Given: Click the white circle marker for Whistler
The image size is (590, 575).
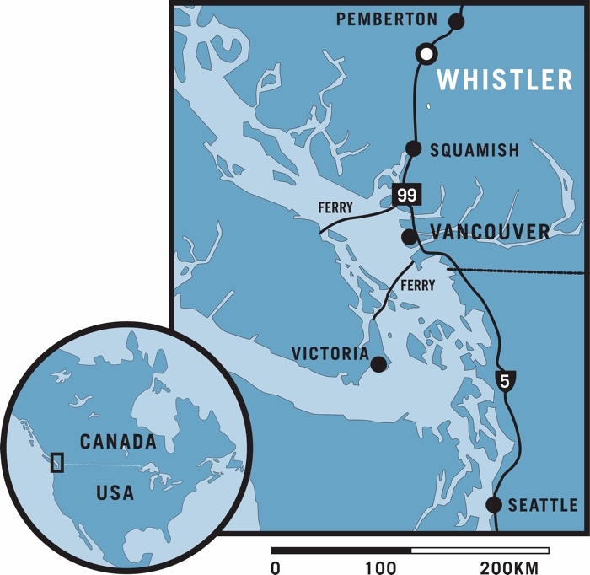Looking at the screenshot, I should [427, 54].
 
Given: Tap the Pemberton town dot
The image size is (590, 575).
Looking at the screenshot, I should [457, 22].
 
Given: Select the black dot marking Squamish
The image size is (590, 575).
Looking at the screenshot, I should [414, 148].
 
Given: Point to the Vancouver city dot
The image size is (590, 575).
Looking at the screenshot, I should [409, 237].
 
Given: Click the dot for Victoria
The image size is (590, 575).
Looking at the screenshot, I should [378, 364].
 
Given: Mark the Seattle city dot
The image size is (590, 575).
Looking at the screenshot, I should [494, 505].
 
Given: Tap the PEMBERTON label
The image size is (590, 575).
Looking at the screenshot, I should [387, 19].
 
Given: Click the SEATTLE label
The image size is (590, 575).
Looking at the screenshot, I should [543, 506].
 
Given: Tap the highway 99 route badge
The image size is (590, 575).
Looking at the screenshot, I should [406, 195].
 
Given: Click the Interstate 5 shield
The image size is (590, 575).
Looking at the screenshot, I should [504, 381].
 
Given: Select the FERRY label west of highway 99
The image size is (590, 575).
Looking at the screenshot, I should [336, 207].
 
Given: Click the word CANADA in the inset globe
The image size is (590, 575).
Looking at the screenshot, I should [118, 441].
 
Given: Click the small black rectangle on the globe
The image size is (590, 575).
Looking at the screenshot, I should [57, 462].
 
